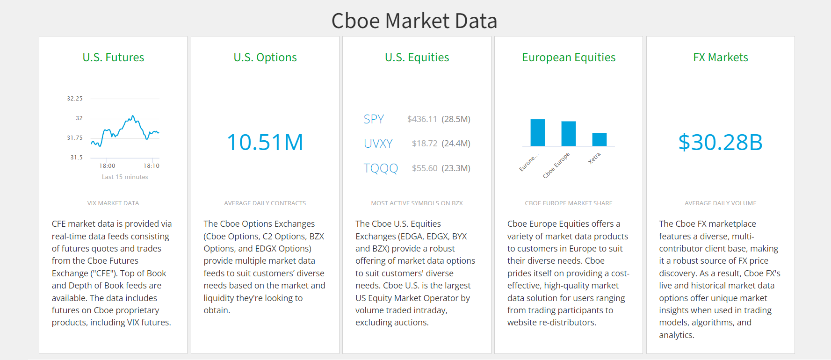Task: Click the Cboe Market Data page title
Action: (x=414, y=21)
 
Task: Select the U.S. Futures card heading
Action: (x=113, y=58)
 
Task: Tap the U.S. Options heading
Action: (x=265, y=58)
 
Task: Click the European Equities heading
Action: (x=569, y=58)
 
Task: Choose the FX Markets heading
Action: (x=721, y=58)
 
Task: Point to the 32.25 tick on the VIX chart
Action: (x=75, y=99)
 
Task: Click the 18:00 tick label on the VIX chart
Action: (x=107, y=166)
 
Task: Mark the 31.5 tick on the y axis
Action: (x=77, y=158)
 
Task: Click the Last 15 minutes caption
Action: (x=125, y=177)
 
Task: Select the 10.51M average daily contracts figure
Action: (x=265, y=142)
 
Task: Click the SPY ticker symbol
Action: (x=374, y=119)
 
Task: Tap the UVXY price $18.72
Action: (x=425, y=144)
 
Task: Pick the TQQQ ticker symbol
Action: (x=381, y=168)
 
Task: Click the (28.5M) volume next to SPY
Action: (x=456, y=119)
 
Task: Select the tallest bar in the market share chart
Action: (x=538, y=133)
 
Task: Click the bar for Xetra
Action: (x=600, y=140)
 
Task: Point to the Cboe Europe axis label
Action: (x=556, y=165)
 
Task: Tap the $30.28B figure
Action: (x=721, y=142)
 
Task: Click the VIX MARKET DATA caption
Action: (x=113, y=203)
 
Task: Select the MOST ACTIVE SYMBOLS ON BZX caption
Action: (x=417, y=203)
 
